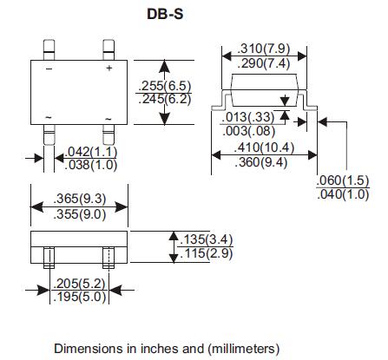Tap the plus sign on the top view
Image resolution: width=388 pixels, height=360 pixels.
click(109, 67)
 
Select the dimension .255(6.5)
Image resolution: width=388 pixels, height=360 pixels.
click(164, 85)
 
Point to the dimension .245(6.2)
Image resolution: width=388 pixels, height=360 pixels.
click(164, 100)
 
